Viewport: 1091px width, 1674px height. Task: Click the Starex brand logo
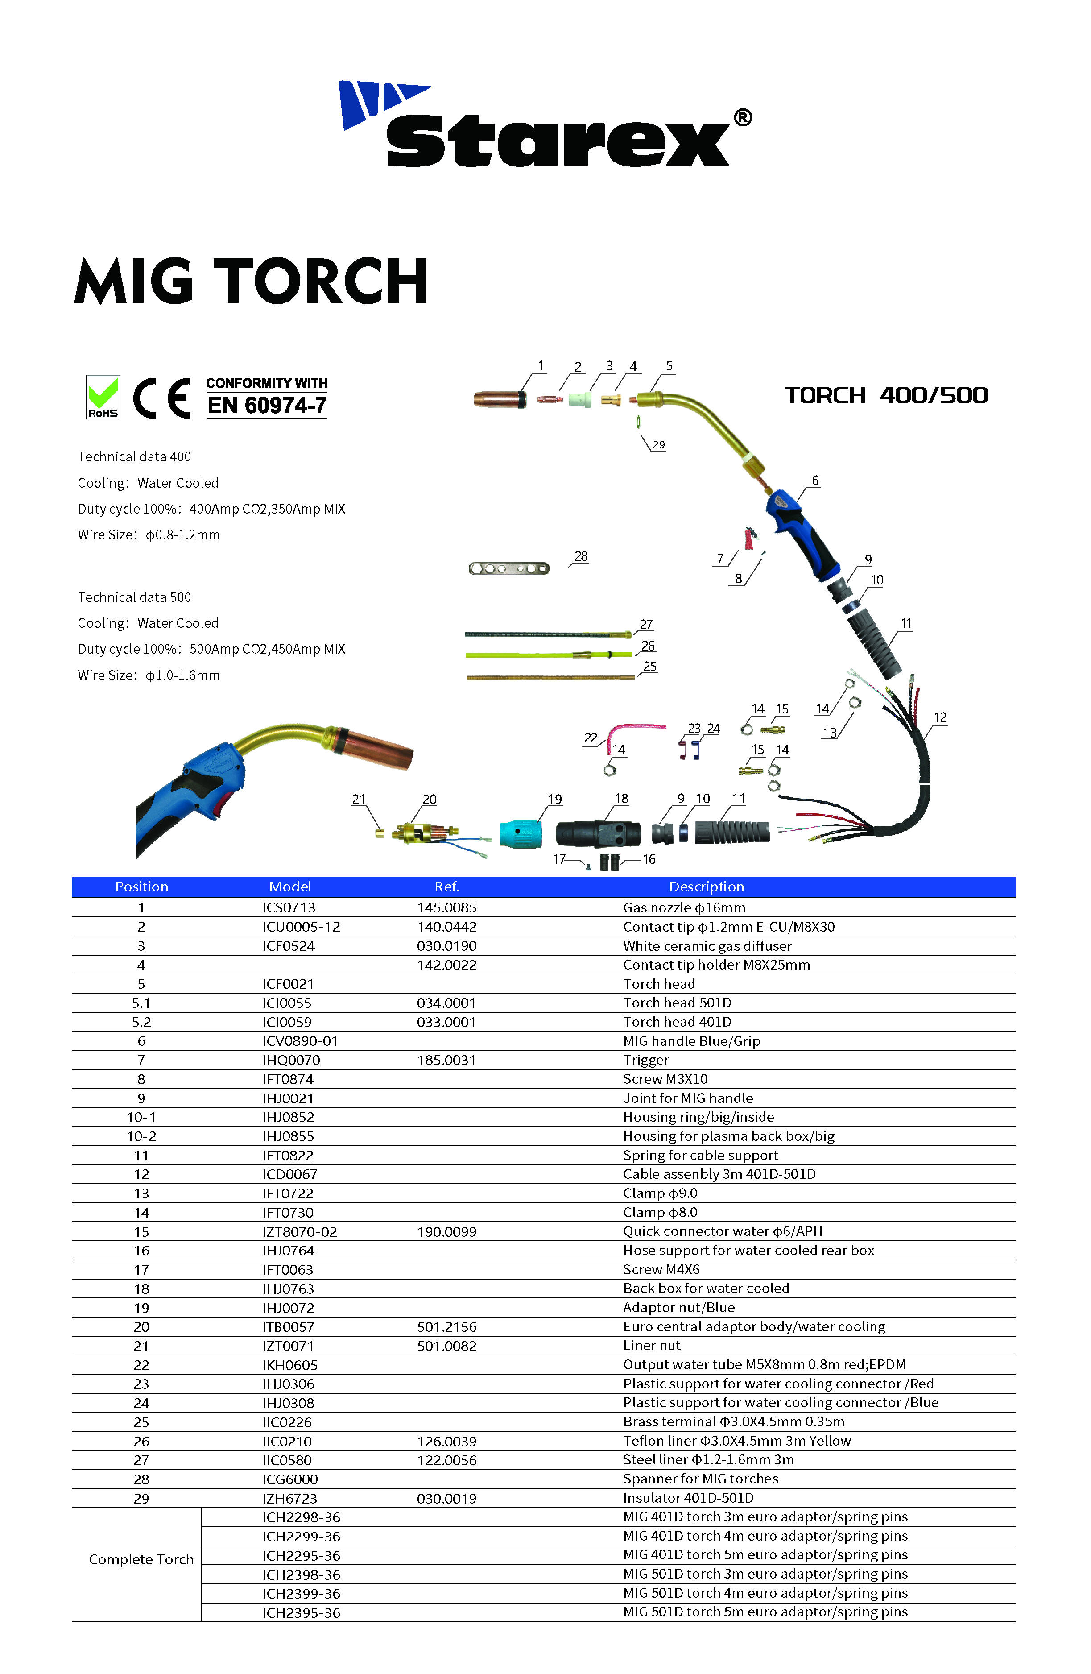[545, 125]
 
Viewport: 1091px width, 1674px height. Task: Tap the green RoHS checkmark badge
[103, 398]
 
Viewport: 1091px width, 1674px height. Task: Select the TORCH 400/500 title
[886, 395]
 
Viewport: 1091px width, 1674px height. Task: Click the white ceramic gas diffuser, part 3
[580, 400]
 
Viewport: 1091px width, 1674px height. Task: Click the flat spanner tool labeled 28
[508, 568]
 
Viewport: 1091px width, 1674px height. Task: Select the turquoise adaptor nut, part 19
[521, 833]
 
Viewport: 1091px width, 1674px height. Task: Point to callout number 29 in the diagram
[659, 444]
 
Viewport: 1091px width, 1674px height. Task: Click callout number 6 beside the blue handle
[815, 481]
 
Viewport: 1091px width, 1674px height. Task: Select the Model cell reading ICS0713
[289, 908]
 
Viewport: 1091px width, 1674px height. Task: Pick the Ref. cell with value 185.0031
[446, 1060]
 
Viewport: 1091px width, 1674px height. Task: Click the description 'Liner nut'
[652, 1346]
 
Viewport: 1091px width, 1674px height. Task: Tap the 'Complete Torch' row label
[141, 1559]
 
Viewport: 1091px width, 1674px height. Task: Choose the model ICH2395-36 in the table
[301, 1613]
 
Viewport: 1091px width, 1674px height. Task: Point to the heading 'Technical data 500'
[134, 597]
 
